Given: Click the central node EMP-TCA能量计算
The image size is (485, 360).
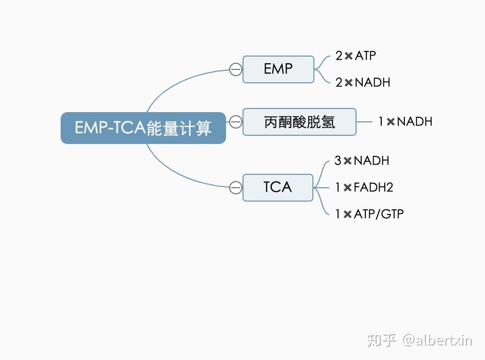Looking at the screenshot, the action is coord(143,128).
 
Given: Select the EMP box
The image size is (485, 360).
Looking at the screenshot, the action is coord(278,69).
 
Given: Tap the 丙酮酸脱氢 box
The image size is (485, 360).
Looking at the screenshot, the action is coord(300,122).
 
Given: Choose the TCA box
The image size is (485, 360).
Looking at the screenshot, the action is coord(278,188).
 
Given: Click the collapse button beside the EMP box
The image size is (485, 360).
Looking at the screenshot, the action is coord(236,69).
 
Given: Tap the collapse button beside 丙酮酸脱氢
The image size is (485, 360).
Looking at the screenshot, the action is coord(236,122).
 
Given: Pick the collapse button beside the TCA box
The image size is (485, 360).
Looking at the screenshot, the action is coord(236,188).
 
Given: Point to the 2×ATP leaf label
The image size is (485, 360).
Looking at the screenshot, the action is coord(356,56).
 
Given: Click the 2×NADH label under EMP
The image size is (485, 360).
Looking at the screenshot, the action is coord(363,82).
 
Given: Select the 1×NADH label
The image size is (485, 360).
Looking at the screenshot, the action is coord(405,121).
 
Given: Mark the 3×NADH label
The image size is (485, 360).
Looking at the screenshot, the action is coord(362,160).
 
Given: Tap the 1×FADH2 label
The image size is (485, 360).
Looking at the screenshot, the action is coord(364,187).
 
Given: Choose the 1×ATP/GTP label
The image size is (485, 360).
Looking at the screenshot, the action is coord(369,214).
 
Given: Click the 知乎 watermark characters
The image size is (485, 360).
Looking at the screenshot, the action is coord(382,340).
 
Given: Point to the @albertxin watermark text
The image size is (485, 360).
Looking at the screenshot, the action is coord(437,340).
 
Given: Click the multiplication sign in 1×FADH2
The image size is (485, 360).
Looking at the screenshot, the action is coord(348,188).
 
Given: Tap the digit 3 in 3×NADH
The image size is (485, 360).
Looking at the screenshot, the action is coord(338,160).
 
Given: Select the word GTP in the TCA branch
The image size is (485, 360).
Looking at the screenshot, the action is coord(392,214).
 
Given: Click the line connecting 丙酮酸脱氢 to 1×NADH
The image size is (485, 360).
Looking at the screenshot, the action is coord(364,122).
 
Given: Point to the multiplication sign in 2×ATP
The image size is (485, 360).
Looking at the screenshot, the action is coord(348,56).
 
